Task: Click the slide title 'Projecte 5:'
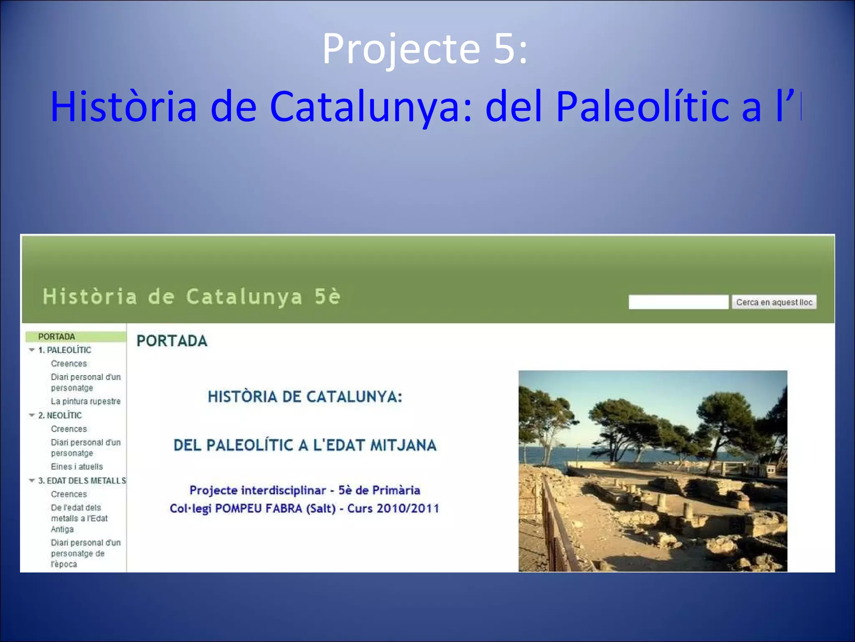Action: point(425,49)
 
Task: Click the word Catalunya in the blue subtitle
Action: point(371,107)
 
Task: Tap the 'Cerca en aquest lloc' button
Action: point(774,302)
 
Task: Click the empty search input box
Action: point(678,302)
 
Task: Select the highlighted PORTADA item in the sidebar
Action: point(57,337)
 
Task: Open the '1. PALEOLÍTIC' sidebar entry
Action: point(64,350)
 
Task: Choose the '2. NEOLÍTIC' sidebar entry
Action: point(60,415)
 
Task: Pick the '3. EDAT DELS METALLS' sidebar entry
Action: point(82,481)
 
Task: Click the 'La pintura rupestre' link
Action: point(86,402)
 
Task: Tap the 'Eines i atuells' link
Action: point(77,467)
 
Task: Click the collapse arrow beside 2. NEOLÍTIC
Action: point(32,415)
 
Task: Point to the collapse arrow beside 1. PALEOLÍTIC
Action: point(32,350)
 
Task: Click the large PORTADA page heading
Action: point(172,341)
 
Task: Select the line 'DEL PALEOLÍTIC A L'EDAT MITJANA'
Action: point(305,446)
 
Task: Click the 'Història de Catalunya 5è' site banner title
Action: point(192,297)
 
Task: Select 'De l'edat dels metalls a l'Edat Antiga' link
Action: point(79,519)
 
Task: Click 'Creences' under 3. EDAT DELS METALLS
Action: point(69,494)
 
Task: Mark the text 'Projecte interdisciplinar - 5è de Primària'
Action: point(305,490)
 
